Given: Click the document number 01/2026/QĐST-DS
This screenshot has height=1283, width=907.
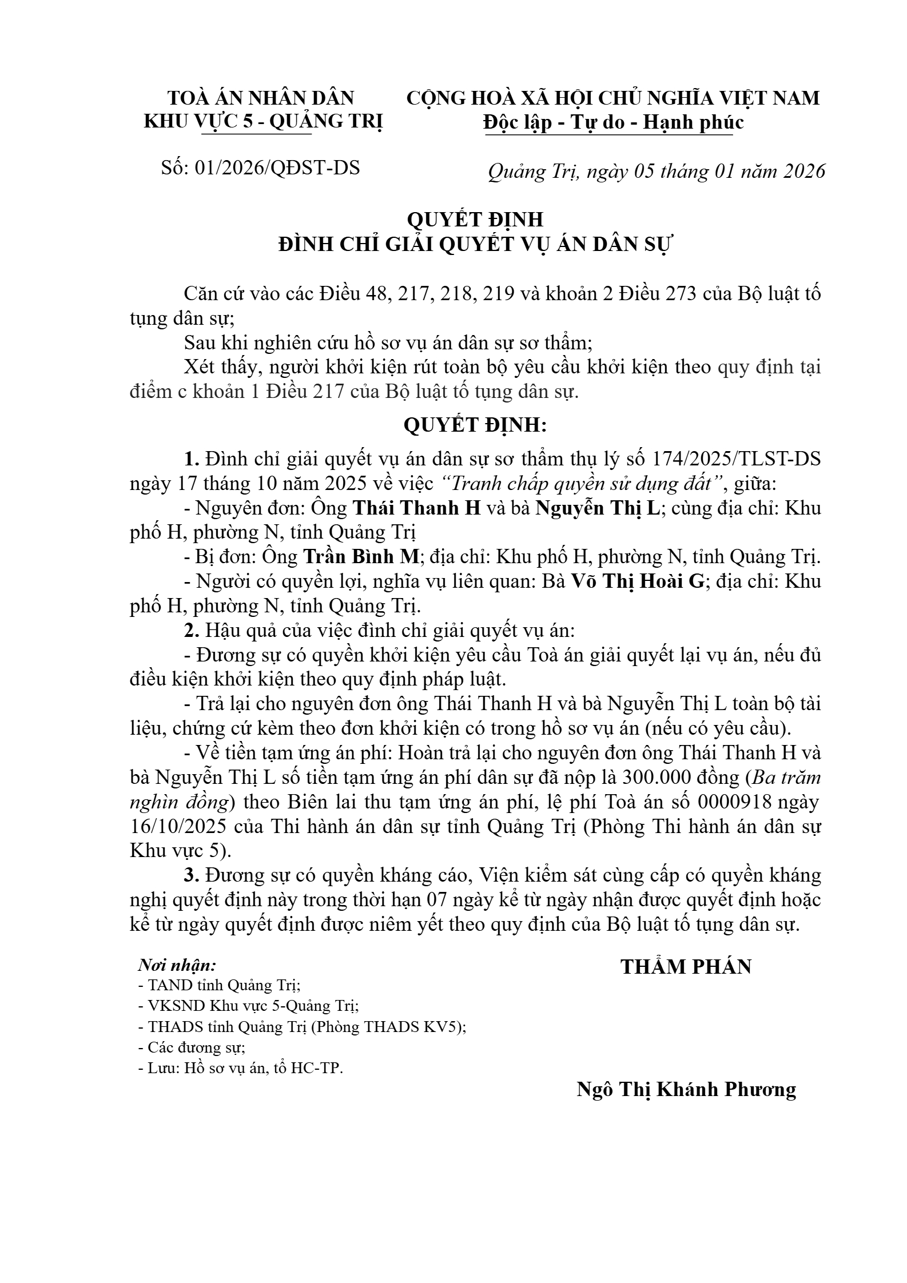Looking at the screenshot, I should (277, 168).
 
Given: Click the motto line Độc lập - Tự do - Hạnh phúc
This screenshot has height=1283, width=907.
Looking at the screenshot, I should (613, 122).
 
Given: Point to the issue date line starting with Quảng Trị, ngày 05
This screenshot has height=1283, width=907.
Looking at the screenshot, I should (657, 172).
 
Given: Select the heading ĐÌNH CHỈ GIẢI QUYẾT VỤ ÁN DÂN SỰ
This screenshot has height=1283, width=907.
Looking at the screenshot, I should (476, 245).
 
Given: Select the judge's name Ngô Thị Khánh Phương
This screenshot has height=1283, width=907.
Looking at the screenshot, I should (686, 1089).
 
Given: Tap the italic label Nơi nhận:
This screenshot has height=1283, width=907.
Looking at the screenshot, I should (178, 966).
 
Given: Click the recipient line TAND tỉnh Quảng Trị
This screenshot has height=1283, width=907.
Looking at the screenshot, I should (220, 985).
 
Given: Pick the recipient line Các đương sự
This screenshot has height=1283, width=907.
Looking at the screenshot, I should (192, 1047).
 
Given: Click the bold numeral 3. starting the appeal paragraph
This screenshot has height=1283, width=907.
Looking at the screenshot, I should (191, 876).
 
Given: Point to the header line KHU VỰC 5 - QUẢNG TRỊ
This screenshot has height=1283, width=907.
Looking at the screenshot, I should (263, 122).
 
